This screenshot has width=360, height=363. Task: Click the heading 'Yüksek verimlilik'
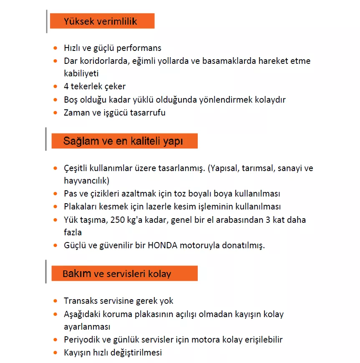click(x=100, y=21)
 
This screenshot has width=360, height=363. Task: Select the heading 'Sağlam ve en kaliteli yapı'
click(x=123, y=141)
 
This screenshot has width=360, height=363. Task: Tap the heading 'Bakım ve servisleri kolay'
click(x=117, y=274)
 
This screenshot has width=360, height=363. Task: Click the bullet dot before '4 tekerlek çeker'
click(x=55, y=86)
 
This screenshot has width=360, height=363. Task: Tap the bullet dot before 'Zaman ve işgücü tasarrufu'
click(x=55, y=112)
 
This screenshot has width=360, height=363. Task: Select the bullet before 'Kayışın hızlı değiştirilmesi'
click(x=55, y=352)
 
